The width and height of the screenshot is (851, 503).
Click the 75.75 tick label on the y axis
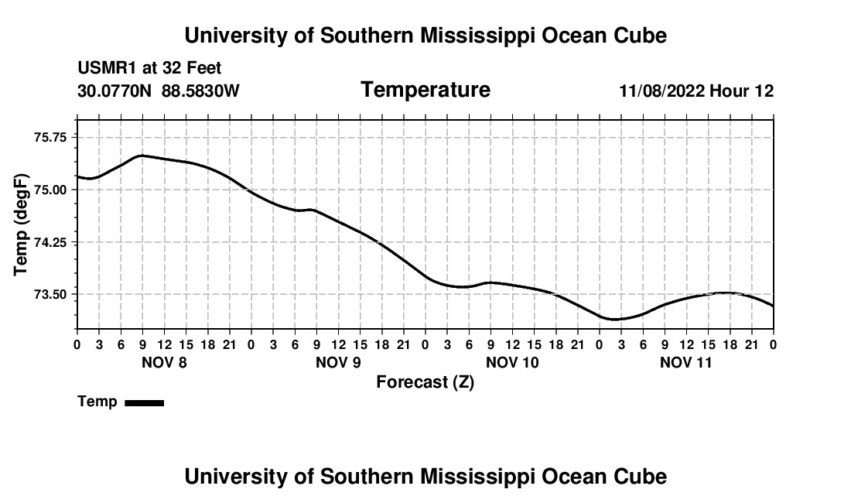[x=50, y=137]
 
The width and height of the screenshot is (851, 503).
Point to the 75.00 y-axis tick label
[x=50, y=190]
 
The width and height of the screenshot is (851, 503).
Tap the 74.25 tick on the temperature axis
[x=50, y=242]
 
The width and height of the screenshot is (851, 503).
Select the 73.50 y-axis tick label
[x=50, y=295]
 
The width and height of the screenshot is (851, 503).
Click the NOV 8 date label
[x=164, y=362]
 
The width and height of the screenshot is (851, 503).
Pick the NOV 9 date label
[x=338, y=362]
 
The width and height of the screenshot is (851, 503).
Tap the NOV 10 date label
[x=512, y=362]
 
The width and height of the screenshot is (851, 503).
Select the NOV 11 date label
[x=685, y=362]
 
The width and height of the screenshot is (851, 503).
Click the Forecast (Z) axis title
[x=425, y=382]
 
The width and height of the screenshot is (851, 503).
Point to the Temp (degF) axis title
[x=21, y=224]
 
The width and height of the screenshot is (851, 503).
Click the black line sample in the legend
[x=145, y=402]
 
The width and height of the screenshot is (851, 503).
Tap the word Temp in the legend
[x=97, y=402]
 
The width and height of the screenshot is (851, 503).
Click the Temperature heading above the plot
[x=425, y=90]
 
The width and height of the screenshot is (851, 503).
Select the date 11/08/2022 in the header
[x=662, y=91]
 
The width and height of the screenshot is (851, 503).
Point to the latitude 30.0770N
[x=114, y=91]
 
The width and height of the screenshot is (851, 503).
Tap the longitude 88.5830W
[x=200, y=91]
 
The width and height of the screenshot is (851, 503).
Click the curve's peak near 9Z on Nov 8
[x=142, y=156]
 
